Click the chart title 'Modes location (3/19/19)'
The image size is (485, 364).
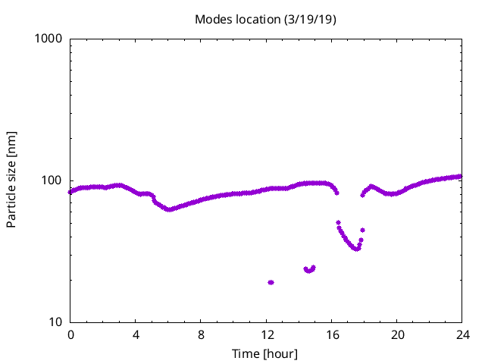265,19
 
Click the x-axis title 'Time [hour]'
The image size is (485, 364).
265,354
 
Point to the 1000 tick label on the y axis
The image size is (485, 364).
49,39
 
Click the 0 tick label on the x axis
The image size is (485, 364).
70,335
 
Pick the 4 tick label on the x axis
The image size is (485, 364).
136,335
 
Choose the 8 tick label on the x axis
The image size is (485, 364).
201,335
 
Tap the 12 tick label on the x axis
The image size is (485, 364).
266,335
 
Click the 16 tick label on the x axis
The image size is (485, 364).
331,335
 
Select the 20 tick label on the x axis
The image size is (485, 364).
396,335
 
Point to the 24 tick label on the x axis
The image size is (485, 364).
462,335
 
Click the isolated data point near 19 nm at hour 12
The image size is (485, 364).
271,282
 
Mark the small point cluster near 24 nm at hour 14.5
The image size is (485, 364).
309,269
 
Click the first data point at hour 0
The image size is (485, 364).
70,192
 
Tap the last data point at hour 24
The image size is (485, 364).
461,177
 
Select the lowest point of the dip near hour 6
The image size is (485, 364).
169,209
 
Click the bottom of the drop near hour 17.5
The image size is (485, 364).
357,249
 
